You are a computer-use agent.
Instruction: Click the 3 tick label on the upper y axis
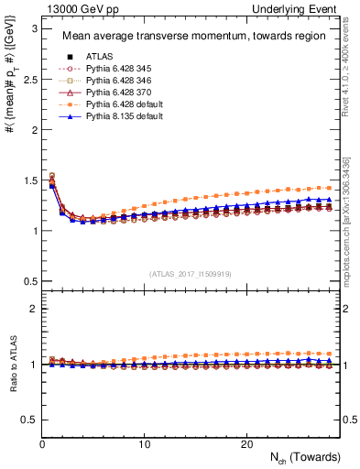coord(32,28)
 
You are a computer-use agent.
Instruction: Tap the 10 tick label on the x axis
coord(144,443)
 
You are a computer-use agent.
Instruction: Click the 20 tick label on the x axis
coord(246,443)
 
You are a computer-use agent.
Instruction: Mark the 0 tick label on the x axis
coord(42,443)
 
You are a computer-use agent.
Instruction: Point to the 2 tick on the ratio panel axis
coord(32,309)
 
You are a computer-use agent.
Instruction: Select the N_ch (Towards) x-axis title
coord(306,457)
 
